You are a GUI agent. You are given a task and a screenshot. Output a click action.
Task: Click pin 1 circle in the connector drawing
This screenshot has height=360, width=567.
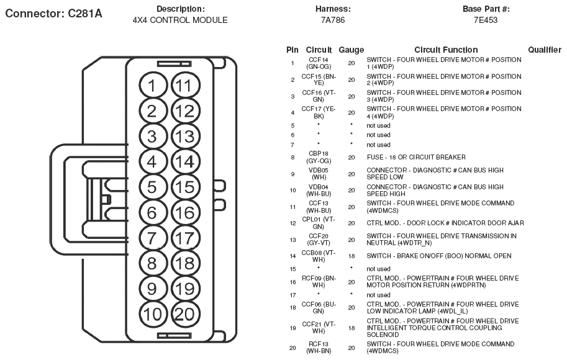tap(152, 86)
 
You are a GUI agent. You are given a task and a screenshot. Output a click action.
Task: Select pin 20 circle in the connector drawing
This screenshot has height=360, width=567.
tap(184, 314)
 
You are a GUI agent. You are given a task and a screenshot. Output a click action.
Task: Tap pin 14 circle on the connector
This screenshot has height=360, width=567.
tap(184, 161)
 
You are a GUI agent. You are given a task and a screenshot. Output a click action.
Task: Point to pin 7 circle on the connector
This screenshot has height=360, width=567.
tap(152, 238)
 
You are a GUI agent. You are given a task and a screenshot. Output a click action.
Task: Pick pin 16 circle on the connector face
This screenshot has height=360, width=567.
tap(184, 213)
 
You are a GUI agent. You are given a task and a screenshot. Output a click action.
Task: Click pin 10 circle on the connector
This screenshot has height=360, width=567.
tap(152, 314)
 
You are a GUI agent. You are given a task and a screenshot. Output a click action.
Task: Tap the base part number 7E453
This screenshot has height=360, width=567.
tap(485, 20)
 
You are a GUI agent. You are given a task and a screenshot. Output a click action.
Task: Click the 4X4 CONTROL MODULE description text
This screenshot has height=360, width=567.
tap(180, 20)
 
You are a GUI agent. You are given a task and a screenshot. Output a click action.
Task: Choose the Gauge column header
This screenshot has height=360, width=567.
tap(351, 50)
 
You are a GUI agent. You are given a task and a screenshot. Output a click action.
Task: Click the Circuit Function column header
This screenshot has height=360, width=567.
tap(446, 50)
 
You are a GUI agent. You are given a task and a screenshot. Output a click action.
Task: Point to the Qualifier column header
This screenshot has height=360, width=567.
tap(545, 50)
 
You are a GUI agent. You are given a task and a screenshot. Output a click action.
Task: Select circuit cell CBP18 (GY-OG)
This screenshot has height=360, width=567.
tap(318, 157)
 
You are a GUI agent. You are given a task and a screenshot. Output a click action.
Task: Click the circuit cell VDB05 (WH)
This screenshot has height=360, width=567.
tap(318, 173)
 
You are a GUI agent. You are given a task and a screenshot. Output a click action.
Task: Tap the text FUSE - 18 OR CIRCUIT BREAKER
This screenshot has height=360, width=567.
tap(415, 157)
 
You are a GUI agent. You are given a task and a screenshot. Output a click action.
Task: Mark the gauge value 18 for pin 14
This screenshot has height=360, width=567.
tap(351, 256)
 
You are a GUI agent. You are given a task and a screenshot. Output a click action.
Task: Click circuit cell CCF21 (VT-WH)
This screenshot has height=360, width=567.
tap(318, 327)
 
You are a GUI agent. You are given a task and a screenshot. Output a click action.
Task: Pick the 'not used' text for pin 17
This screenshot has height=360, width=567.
tap(378, 295)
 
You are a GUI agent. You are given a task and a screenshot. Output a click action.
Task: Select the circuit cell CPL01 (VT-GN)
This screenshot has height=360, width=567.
tap(318, 223)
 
